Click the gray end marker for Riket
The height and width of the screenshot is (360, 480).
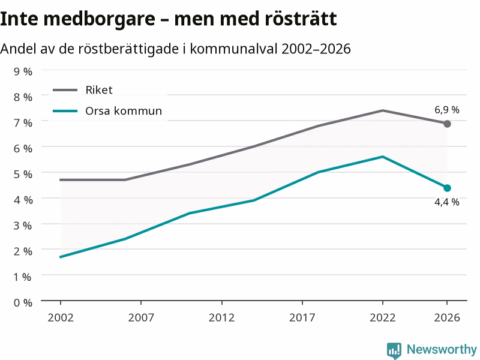(x=447, y=124)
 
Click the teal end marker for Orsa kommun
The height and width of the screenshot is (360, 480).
(x=447, y=188)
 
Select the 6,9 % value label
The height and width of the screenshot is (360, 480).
(x=447, y=110)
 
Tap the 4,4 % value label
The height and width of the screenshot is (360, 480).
(x=447, y=202)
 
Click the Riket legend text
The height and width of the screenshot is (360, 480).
(x=99, y=90)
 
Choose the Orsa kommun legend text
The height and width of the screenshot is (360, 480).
(x=124, y=111)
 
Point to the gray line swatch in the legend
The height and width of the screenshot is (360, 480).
(x=65, y=90)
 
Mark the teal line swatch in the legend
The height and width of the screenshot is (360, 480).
(x=65, y=111)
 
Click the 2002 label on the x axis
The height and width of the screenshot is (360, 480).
(x=61, y=317)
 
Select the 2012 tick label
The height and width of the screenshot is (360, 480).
(x=221, y=317)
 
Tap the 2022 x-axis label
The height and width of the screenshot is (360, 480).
(x=383, y=317)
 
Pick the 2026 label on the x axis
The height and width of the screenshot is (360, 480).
(x=447, y=317)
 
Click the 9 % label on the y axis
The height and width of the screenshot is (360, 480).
(x=23, y=71)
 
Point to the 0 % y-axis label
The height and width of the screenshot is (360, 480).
(x=23, y=303)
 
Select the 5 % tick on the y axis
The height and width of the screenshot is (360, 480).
(x=23, y=174)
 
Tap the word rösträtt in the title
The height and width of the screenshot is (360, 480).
(x=301, y=19)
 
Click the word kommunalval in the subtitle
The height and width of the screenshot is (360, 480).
(x=234, y=49)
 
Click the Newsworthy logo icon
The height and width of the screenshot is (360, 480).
(x=394, y=350)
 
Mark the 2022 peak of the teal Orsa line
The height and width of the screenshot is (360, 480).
(x=383, y=157)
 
